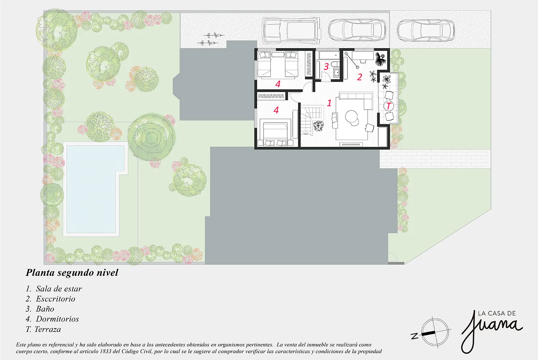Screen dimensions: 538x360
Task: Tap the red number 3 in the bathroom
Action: (326, 67)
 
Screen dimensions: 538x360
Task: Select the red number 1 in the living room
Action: (329, 103)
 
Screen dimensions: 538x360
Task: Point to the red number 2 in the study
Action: (359, 77)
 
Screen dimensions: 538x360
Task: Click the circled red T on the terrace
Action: (388, 106)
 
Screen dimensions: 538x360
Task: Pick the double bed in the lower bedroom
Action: (275, 134)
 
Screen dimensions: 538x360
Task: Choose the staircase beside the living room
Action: (311, 121)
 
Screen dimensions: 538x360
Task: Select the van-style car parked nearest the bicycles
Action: (292, 30)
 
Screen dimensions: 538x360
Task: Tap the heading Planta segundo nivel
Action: (72, 273)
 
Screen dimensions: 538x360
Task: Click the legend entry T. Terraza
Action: (43, 329)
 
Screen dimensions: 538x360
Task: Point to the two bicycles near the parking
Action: (211, 39)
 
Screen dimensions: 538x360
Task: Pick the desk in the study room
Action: (363, 55)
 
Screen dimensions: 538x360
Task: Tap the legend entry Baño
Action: (40, 309)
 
